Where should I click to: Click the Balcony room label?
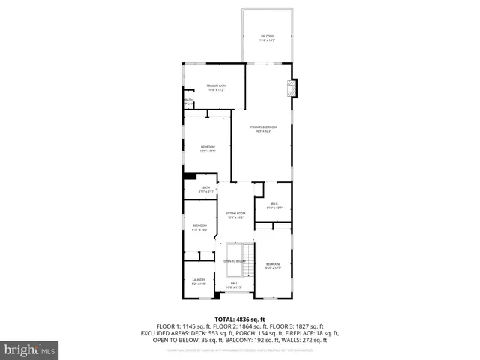click(268, 37)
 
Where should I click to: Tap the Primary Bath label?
click(217, 88)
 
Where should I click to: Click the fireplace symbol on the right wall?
click(294, 88)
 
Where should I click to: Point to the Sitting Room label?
click(236, 215)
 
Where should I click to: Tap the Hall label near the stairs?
click(235, 284)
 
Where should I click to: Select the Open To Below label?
click(235, 261)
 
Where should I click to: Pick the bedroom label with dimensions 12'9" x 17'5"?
click(208, 148)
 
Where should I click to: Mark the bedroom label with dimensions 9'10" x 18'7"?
click(273, 265)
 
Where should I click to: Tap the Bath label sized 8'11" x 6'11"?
click(206, 190)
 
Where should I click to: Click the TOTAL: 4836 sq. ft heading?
click(240, 319)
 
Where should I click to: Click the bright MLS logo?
click(30, 350)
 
